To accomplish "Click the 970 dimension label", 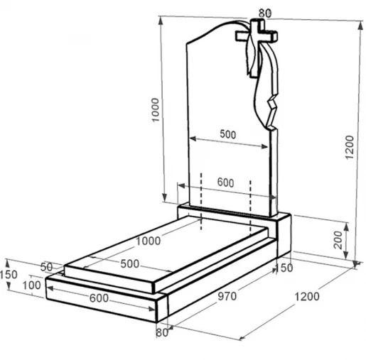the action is tap(227, 296).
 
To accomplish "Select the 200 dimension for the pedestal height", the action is tap(338, 240).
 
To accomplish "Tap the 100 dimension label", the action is tap(31, 285).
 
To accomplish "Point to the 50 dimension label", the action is tap(46, 267).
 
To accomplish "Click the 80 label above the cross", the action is tap(265, 13).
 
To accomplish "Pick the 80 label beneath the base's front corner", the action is tap(162, 332).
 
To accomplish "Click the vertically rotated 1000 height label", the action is tap(155, 110).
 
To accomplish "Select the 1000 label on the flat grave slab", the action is tap(148, 241).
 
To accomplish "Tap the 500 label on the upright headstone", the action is tap(228, 134).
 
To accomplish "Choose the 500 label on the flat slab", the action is tap(129, 263).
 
